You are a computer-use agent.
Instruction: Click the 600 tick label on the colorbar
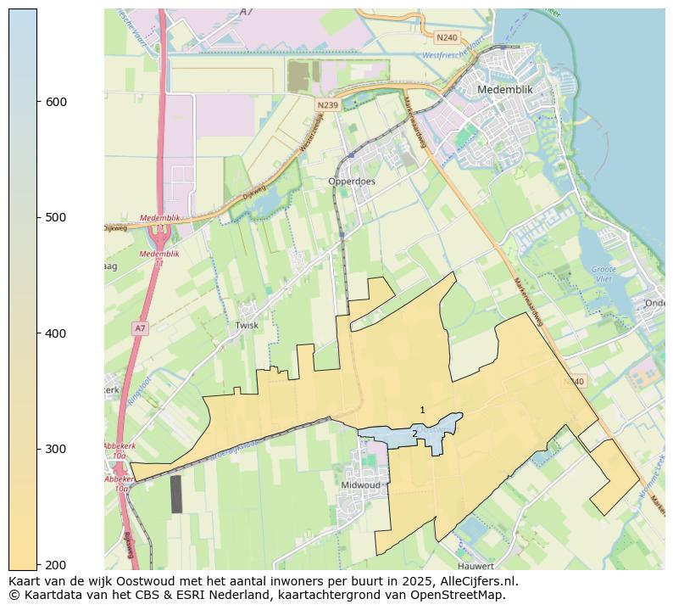tap(56, 102)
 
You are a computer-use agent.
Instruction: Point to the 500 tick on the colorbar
tap(56, 217)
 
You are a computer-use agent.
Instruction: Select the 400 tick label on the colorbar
tap(56, 333)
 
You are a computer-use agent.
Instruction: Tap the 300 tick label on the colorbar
tap(56, 449)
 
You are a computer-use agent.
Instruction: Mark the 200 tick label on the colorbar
tap(56, 564)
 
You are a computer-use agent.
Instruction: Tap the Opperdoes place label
tap(352, 182)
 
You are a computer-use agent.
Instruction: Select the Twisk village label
tap(247, 325)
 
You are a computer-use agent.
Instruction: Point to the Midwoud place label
tap(360, 485)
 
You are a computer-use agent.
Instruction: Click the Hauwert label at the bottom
tap(475, 566)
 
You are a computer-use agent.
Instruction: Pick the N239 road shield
tap(327, 104)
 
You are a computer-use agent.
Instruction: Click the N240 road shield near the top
tap(447, 38)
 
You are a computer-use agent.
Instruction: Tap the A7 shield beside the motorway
tap(140, 327)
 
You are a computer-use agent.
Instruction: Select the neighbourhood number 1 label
tap(422, 411)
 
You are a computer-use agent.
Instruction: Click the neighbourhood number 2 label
tap(414, 434)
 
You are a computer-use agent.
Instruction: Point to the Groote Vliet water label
tap(603, 274)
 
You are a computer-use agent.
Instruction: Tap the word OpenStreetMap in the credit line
tap(459, 595)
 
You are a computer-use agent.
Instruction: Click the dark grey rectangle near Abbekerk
tap(176, 494)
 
